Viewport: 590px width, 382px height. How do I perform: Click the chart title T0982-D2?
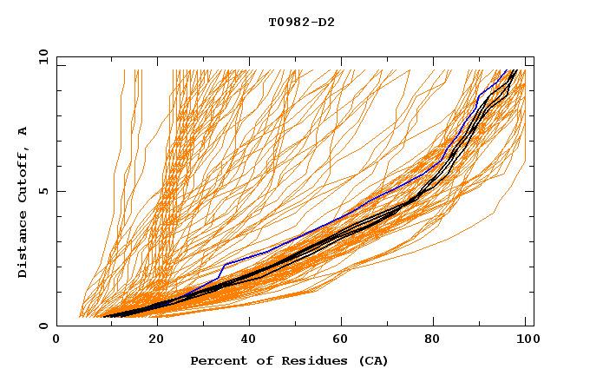[301, 22]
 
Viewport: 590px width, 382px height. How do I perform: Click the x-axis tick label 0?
[56, 340]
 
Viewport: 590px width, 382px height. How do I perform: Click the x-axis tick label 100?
[525, 340]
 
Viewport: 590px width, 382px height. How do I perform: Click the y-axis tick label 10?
[42, 56]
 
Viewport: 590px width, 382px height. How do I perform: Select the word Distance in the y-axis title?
[23, 247]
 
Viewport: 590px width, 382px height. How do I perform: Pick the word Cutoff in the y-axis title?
[23, 171]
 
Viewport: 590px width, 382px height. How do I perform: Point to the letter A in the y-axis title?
[23, 131]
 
